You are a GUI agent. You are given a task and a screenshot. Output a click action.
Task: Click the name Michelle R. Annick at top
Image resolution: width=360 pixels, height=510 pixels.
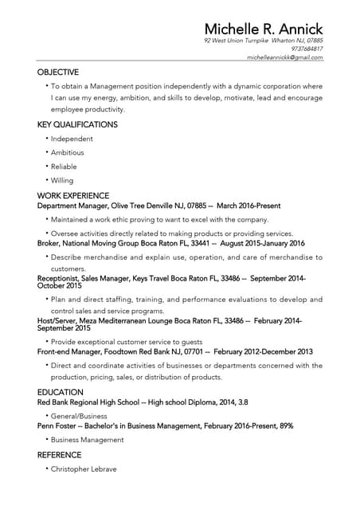click(263, 29)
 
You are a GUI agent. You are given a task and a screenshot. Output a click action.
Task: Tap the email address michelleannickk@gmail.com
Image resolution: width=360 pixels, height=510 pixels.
click(284, 57)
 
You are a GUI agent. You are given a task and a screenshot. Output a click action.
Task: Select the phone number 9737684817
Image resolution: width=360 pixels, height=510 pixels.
click(307, 49)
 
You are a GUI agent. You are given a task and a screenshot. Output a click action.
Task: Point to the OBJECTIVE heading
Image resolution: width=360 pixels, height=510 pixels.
click(58, 72)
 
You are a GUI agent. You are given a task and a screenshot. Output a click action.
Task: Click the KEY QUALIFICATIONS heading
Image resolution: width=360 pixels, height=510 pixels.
click(77, 124)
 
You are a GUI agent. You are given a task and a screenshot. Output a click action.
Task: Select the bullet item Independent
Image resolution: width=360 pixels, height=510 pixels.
click(72, 139)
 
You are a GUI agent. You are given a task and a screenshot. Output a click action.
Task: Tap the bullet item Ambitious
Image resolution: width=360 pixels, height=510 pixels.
click(68, 152)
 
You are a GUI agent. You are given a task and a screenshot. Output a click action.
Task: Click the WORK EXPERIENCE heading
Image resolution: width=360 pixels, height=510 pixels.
click(73, 195)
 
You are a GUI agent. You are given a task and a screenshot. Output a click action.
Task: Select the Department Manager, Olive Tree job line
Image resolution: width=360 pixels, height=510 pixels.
click(158, 205)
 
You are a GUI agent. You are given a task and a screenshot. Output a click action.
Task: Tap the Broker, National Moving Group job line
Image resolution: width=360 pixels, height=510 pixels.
click(170, 243)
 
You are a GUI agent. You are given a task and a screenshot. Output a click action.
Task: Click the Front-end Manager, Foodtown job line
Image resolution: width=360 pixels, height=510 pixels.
click(174, 351)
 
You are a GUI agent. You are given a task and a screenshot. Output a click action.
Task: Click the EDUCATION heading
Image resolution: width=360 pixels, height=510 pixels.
click(61, 392)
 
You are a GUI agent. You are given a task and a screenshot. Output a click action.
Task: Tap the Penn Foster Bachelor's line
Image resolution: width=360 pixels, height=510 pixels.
click(165, 426)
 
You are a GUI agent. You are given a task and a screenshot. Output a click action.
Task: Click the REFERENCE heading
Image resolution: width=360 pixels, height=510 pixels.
click(59, 454)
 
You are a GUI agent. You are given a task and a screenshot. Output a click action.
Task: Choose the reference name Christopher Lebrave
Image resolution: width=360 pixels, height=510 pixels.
click(84, 469)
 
